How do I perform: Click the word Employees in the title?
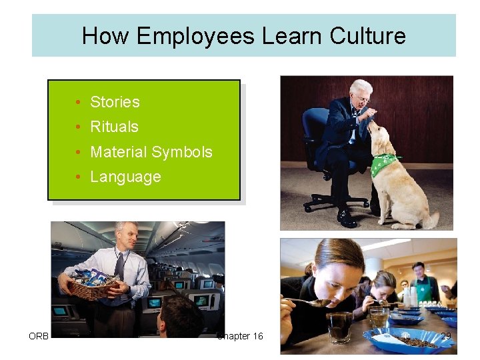[195, 35]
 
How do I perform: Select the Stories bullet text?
[115, 102]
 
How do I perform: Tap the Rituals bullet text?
[114, 127]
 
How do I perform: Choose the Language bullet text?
[125, 177]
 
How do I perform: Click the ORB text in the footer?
[39, 336]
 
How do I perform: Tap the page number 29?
[445, 336]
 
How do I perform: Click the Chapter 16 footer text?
[240, 336]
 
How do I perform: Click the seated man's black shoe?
[347, 218]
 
